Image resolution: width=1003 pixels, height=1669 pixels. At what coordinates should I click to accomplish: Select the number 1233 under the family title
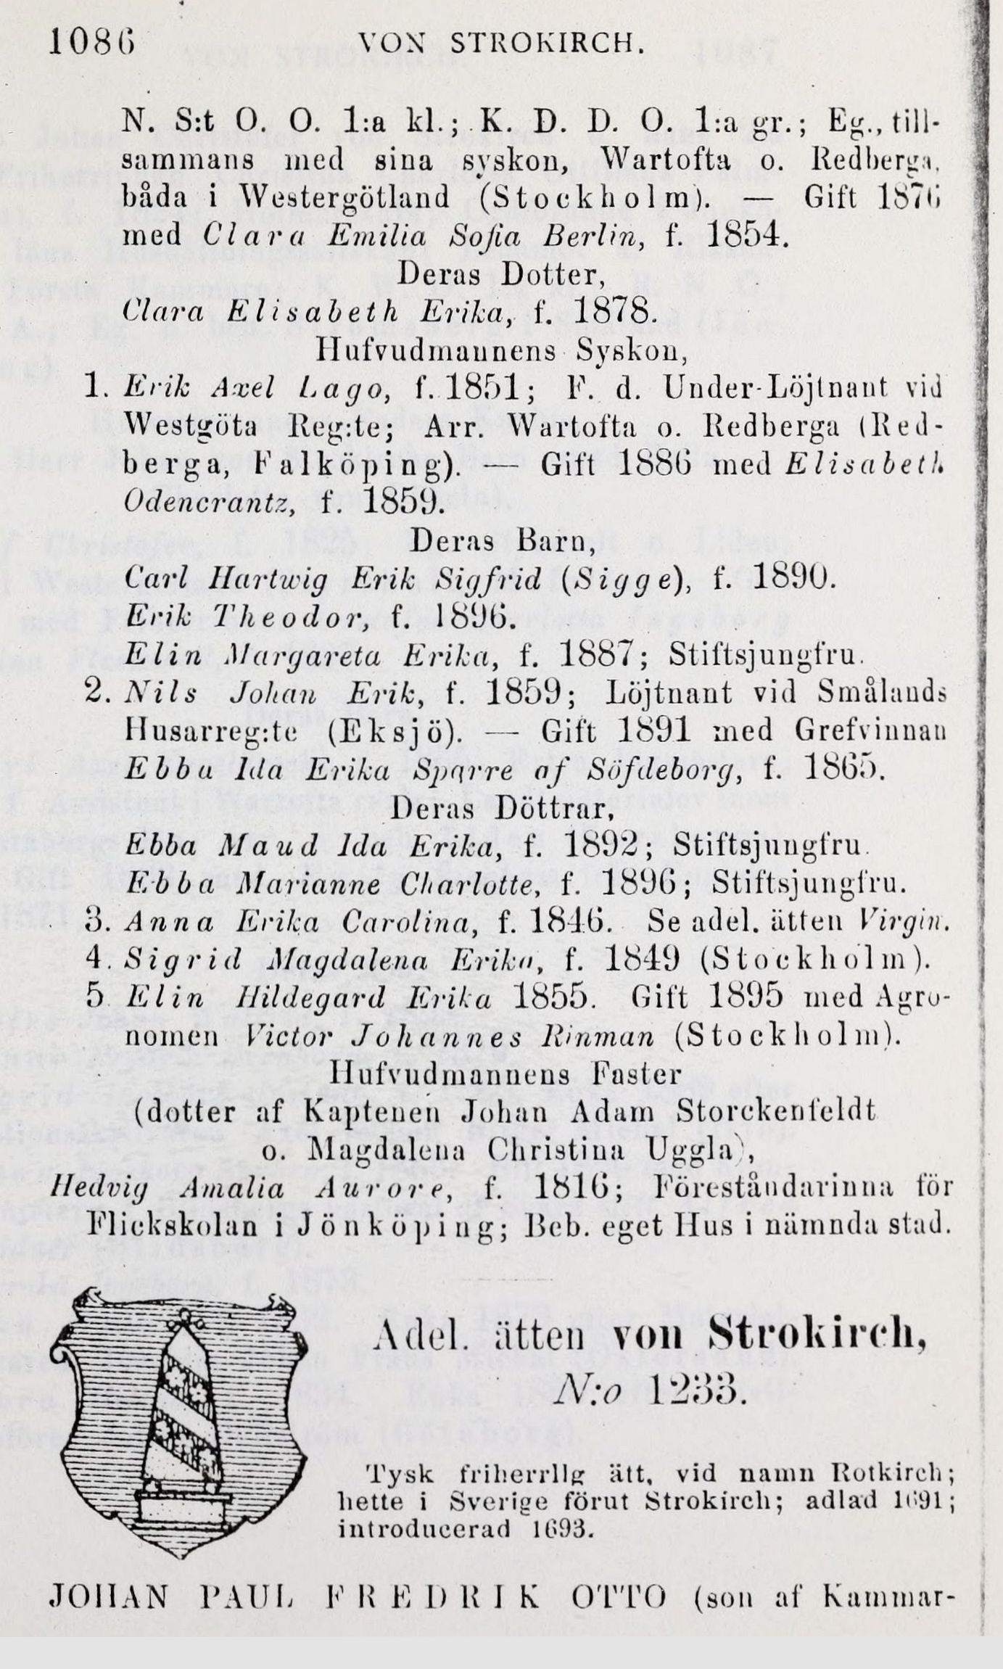coord(693,1388)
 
